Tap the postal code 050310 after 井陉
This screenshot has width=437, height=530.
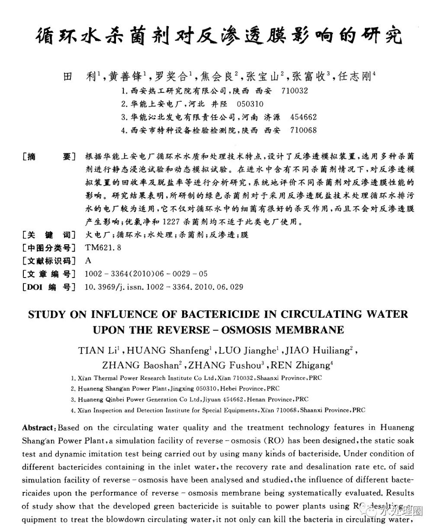click(250, 104)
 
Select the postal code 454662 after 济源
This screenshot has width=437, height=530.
click(303, 117)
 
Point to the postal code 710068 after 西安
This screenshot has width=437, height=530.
click(303, 130)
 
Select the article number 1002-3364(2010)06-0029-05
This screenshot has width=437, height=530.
click(147, 274)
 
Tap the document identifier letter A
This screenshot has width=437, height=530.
click(88, 261)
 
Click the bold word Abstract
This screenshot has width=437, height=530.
click(38, 428)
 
